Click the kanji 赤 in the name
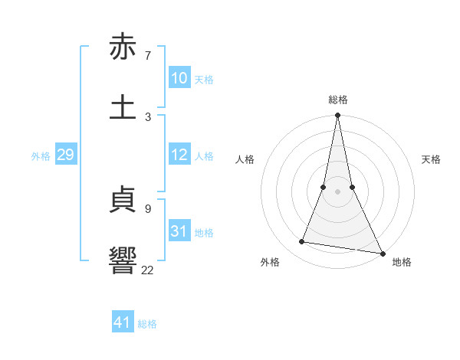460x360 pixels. coord(123,47)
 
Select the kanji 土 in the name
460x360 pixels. coord(123,106)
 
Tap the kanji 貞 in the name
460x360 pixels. coord(123,201)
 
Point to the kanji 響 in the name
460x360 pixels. coord(123,260)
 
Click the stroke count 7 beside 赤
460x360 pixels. coord(148,56)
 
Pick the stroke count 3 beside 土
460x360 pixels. coord(148,116)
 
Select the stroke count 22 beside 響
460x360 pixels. coord(147,270)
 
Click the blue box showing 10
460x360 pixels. coord(179,78)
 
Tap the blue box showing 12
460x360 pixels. coord(179,155)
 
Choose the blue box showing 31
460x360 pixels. coord(179,231)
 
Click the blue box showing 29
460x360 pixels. coord(66,155)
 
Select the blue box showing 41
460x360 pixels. coord(123,322)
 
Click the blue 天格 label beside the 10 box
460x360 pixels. coord(204,80)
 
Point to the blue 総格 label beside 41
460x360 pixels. coord(147,324)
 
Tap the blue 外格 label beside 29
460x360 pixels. coord(41,156)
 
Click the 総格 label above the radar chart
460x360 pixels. coord(337,100)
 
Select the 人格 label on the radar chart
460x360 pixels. coord(245,159)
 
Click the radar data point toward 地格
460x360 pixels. coord(382,253)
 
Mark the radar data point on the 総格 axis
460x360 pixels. coord(337,116)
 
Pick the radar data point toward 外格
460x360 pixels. coord(302,242)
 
